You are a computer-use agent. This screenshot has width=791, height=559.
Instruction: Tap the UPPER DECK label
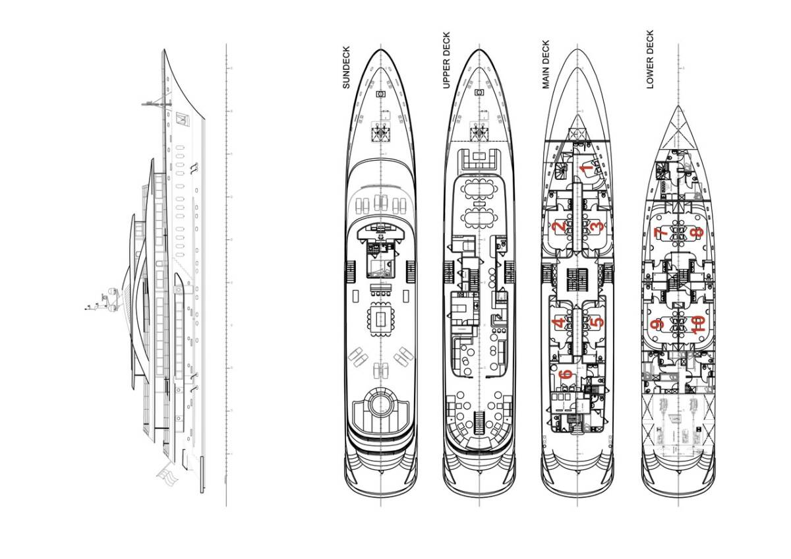[x=446, y=60]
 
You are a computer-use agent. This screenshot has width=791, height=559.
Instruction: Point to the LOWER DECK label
[x=650, y=59]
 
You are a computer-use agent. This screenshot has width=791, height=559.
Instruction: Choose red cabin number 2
[x=559, y=227]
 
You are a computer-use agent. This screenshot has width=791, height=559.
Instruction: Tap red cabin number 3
[x=596, y=227]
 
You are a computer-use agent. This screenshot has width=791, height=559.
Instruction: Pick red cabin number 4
[x=559, y=323]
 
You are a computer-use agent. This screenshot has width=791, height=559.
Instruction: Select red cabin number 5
[x=597, y=323]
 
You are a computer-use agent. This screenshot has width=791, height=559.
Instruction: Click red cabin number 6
[x=565, y=375]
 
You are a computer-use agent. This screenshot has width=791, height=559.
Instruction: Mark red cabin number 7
[x=660, y=232]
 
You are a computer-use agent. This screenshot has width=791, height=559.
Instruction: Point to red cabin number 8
[x=696, y=232]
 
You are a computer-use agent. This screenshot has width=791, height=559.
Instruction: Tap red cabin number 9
[x=657, y=324]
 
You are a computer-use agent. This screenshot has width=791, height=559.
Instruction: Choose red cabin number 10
[x=698, y=324]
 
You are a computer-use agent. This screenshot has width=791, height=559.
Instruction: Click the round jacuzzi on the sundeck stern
[x=381, y=404]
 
